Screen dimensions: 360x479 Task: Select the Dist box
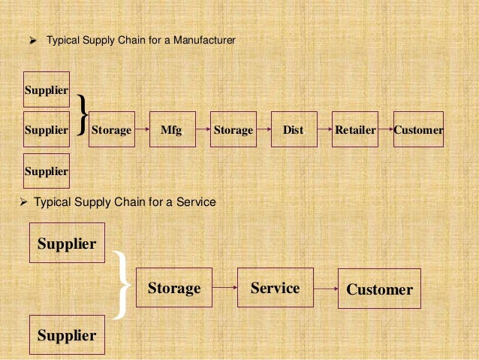tap(294, 129)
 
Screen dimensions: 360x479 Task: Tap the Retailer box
tap(355, 129)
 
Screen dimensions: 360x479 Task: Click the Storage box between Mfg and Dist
tap(233, 129)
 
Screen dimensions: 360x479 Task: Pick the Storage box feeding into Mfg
tap(112, 129)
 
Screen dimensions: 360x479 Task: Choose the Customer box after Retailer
tap(418, 129)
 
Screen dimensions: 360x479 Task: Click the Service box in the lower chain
tap(276, 287)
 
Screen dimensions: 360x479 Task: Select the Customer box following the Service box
tap(379, 289)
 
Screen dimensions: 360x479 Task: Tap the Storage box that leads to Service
tap(174, 288)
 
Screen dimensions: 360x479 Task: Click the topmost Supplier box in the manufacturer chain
tap(47, 89)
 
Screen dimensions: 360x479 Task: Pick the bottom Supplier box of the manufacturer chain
tap(47, 171)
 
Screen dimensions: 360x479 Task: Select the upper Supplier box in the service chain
tap(67, 243)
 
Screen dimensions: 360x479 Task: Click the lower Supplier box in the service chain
tap(67, 335)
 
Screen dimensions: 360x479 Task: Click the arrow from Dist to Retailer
tap(324, 129)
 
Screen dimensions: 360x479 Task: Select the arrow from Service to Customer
tap(325, 288)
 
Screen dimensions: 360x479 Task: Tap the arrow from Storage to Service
tap(224, 288)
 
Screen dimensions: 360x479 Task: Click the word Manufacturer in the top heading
tap(204, 38)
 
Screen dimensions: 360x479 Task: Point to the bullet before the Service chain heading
tap(23, 202)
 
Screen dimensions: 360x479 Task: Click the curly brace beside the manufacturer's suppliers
tap(82, 116)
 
